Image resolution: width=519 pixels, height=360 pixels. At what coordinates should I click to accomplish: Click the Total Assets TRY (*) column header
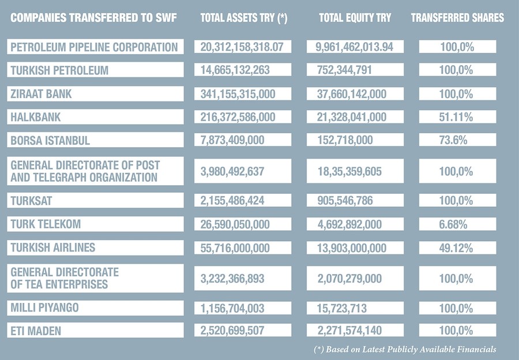tap(243, 18)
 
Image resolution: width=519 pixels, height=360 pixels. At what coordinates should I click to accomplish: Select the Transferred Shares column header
tap(457, 18)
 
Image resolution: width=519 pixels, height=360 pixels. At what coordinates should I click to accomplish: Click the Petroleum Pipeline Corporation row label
tap(95, 47)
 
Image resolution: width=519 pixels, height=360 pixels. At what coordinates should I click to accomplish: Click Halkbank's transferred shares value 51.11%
tap(457, 117)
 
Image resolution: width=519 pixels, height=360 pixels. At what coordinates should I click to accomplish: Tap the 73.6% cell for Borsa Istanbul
tap(457, 140)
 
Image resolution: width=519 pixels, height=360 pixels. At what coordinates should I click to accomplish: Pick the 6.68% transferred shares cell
tap(457, 224)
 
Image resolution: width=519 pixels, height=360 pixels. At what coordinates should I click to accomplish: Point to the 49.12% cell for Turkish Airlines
tap(457, 247)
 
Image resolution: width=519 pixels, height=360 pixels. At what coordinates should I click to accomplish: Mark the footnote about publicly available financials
tap(405, 350)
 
